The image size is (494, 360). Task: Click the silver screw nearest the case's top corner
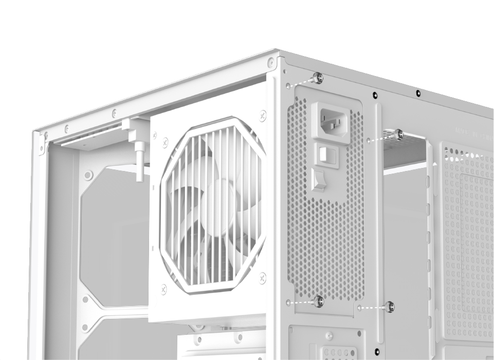pyautogui.click(x=318, y=78)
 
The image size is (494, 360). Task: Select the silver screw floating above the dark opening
pyautogui.click(x=398, y=135)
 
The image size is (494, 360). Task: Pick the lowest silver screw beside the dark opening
pyautogui.click(x=389, y=307)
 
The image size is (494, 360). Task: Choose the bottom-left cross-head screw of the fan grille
pyautogui.click(x=163, y=289)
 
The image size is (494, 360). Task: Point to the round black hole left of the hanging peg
pyautogui.click(x=88, y=175)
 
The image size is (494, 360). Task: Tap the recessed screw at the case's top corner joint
pyautogui.click(x=271, y=63)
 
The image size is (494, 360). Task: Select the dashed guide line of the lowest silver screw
pyautogui.click(x=372, y=308)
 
